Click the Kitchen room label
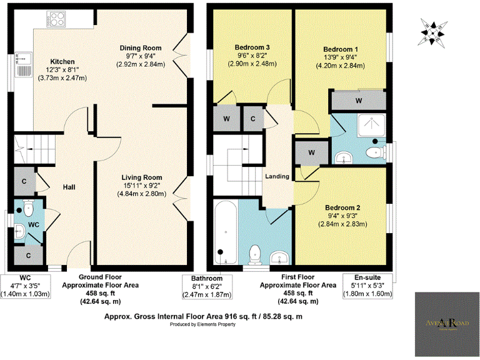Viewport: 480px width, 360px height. [x=63, y=61]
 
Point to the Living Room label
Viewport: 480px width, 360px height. [x=143, y=177]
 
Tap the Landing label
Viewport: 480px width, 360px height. [x=277, y=176]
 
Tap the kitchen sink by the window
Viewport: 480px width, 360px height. [x=24, y=62]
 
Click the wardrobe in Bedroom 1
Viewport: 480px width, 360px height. [x=358, y=99]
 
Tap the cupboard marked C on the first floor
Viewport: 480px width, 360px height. [x=253, y=118]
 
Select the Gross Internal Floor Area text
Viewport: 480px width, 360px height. [x=203, y=316]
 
